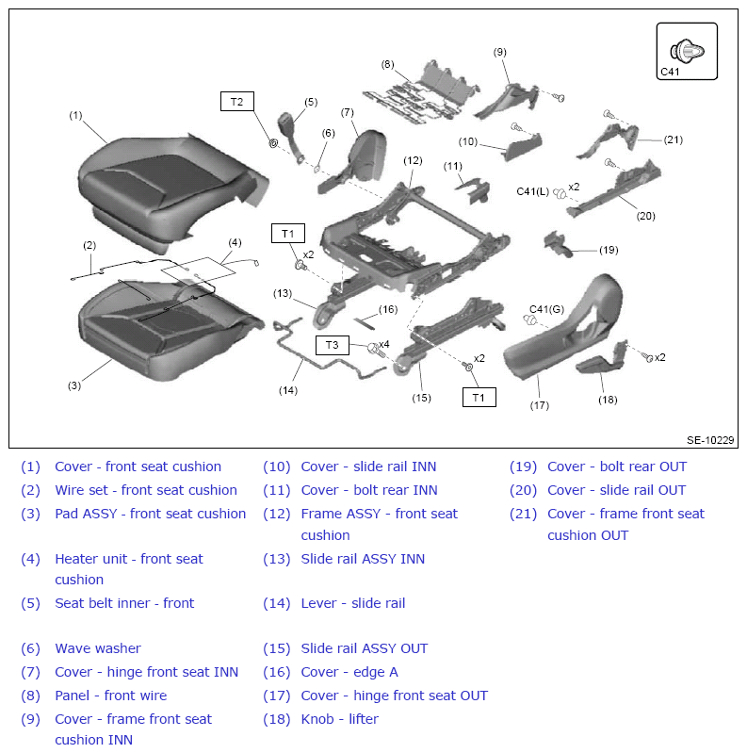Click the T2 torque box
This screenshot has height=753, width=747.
(237, 102)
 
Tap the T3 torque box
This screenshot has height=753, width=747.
(333, 345)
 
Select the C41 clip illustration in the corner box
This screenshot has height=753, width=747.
(687, 51)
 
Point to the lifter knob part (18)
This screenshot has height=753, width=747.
(602, 358)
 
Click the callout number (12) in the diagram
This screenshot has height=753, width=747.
(413, 160)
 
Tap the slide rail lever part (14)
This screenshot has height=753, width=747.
(327, 350)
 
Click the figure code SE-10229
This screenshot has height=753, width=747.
(710, 440)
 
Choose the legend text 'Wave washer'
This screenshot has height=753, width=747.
(98, 648)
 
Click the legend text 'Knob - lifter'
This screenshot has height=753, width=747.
(339, 719)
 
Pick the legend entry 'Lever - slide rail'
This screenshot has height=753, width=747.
(353, 603)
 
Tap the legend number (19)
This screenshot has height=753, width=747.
(524, 467)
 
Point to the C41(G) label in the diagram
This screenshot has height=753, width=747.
(546, 309)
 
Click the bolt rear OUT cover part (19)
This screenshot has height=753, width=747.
(558, 244)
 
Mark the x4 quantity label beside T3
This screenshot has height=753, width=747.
(384, 344)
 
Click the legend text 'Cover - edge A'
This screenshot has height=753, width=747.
(349, 672)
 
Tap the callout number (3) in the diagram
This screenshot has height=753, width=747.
(73, 385)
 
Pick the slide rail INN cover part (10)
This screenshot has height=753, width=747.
(521, 145)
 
